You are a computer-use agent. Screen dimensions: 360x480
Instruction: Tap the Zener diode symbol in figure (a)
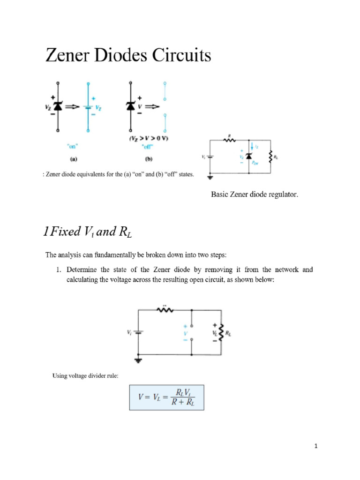coord(58,107)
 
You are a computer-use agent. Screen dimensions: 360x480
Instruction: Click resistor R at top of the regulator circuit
coord(229,140)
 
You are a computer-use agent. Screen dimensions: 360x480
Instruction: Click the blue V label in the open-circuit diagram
coord(185,333)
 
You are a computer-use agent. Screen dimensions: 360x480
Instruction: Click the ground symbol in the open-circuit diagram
coord(138,360)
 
